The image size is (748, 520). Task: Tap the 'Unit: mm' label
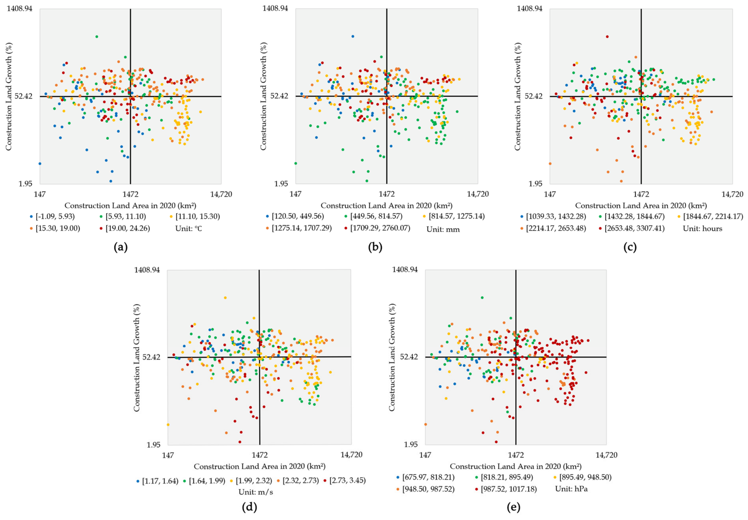click(443, 229)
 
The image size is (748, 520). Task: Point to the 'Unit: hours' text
click(702, 228)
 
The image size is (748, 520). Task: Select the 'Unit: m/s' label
click(256, 492)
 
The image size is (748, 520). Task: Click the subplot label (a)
click(120, 247)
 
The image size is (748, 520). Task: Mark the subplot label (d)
click(250, 507)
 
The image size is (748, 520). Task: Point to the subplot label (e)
click(513, 507)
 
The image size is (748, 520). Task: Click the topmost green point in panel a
click(97, 36)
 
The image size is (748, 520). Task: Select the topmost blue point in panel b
click(353, 36)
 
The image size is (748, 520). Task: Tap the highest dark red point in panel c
click(607, 36)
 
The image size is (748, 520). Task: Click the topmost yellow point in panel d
click(225, 298)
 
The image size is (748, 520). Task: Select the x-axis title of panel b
click(386, 205)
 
